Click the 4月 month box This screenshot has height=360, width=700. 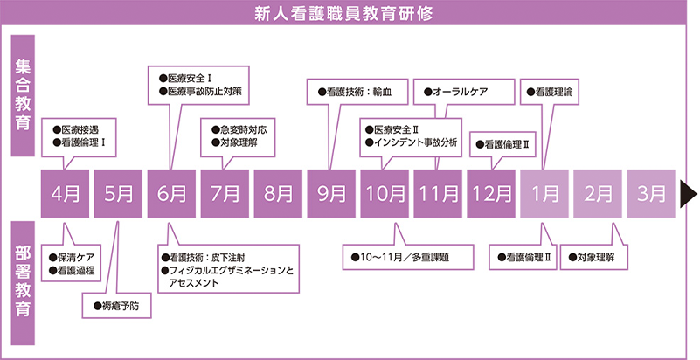click(66, 192)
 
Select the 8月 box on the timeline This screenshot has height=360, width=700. click(278, 192)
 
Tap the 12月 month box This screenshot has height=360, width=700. click(491, 192)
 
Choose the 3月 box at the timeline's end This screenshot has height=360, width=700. click(651, 192)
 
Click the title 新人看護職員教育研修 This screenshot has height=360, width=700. click(350, 13)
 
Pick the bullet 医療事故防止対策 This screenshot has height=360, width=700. click(200, 91)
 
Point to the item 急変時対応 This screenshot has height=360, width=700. click(238, 128)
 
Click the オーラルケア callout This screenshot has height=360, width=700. click(455, 91)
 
